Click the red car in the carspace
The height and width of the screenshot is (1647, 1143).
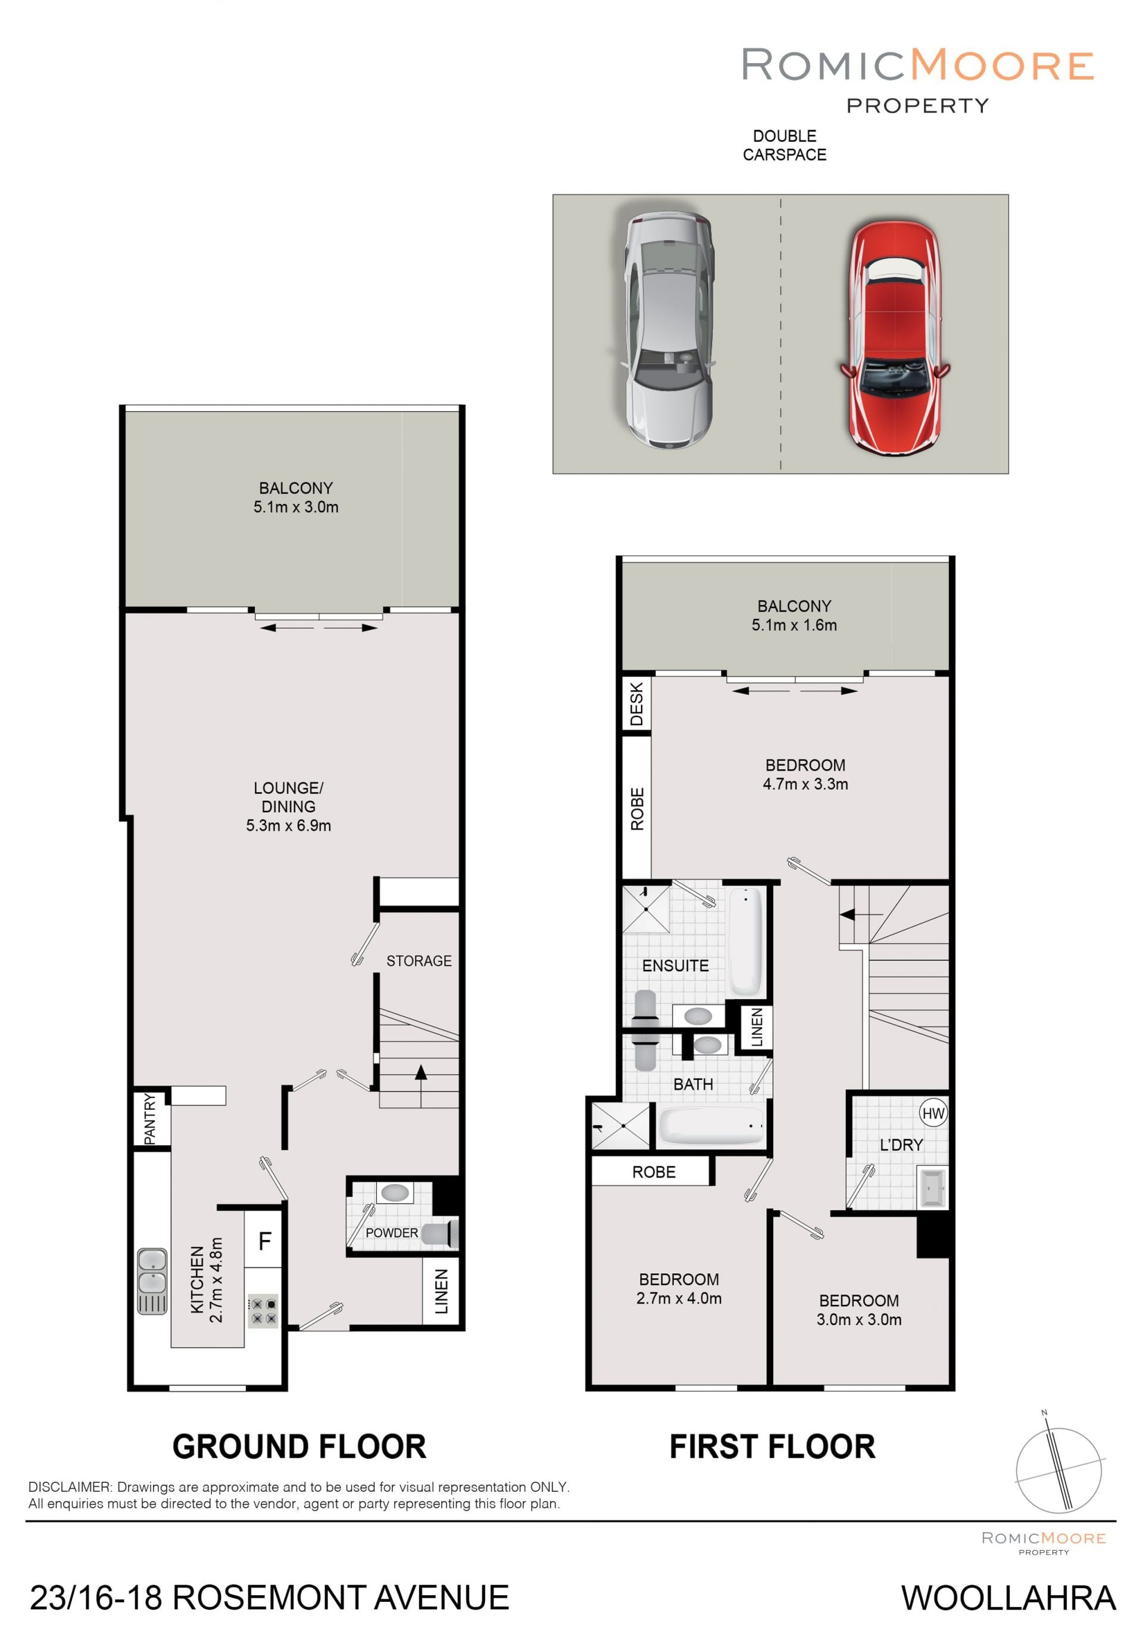[895, 336]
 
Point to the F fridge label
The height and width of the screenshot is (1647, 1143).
[264, 1241]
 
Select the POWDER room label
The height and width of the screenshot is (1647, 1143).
[391, 1232]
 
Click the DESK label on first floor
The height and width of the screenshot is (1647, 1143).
[636, 704]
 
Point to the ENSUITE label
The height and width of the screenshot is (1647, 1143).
[675, 966]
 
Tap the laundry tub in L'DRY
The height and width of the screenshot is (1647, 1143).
[932, 1188]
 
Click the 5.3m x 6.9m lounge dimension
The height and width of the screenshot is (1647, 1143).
[289, 825]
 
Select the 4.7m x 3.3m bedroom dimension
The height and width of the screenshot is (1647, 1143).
[805, 784]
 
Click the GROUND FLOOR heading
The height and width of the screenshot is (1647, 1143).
[299, 1446]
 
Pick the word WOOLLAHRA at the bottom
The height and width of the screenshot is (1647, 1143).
[1008, 1598]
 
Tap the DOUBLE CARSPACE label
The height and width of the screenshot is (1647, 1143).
[784, 145]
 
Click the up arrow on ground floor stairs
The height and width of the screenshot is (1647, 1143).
[420, 1085]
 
